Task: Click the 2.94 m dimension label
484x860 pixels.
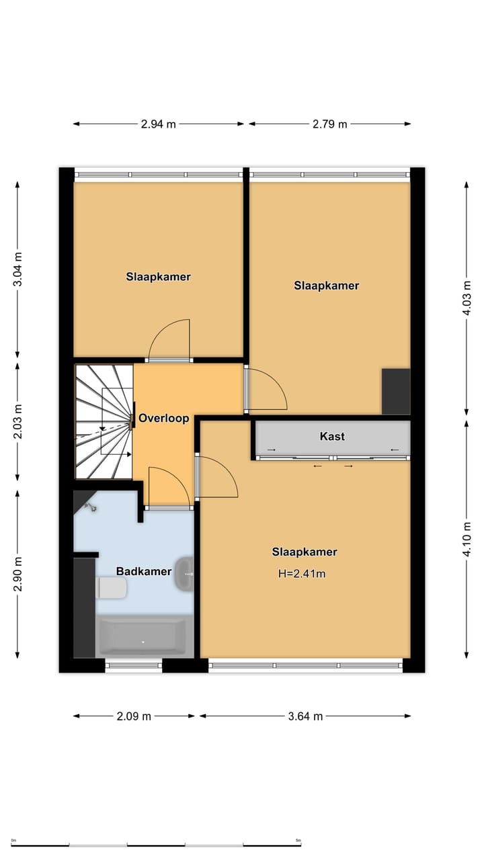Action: point(159,124)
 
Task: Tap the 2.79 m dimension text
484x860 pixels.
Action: point(329,124)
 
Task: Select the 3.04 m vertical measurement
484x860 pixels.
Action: point(18,269)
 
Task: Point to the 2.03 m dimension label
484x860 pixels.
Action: point(18,421)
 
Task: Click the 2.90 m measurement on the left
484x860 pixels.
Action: point(18,574)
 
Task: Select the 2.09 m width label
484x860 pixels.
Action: point(134,716)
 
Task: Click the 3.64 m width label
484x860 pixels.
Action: point(305,716)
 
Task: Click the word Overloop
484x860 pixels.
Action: point(163,418)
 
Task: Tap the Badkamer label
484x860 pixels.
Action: point(143,572)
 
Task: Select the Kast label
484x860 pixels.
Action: point(332,436)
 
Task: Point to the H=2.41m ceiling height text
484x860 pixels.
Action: point(302,574)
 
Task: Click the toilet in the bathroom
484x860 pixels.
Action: point(112,589)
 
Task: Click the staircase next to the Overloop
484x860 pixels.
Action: point(103,422)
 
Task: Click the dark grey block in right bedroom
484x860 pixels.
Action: point(396,391)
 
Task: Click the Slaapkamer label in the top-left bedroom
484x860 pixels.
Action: point(158,277)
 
